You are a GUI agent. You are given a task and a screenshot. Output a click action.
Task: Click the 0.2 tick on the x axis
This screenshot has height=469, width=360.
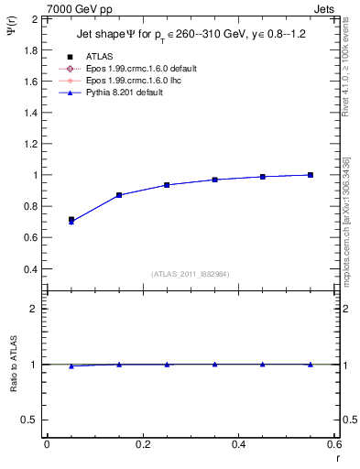point(143,444)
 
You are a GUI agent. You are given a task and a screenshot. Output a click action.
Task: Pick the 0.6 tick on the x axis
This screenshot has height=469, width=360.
point(334,444)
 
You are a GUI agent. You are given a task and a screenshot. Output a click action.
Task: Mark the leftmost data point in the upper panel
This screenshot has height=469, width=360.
point(71,221)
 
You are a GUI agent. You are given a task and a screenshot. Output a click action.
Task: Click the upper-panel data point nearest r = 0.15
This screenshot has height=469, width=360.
point(119,195)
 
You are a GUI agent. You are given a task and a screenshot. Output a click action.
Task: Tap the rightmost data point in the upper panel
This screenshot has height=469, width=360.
point(311,175)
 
